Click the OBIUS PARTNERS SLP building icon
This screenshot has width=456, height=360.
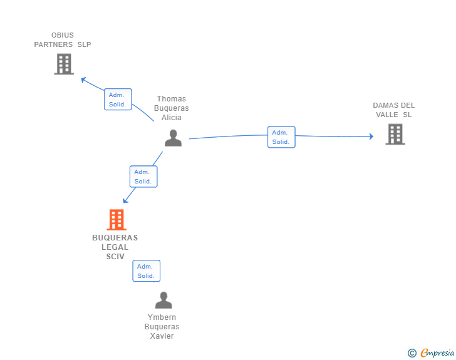[64, 64]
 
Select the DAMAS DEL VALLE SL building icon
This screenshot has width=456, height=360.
[395, 134]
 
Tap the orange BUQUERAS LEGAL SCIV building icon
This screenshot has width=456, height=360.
[116, 220]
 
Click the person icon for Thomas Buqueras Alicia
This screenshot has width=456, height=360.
[173, 138]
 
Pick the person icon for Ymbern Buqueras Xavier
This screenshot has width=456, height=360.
[163, 301]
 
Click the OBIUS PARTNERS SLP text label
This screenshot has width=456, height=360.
[63, 40]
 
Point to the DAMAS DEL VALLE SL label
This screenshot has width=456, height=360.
[393, 110]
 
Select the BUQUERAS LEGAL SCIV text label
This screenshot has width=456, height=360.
[115, 247]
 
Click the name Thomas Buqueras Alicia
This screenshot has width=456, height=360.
[172, 108]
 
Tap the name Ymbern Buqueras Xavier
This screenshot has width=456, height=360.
[162, 327]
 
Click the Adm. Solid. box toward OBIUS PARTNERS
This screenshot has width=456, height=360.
[118, 100]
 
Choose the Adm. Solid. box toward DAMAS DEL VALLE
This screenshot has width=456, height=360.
[281, 137]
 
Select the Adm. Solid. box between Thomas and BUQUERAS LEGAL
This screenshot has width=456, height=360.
[143, 177]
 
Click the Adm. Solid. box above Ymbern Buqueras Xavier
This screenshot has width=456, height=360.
[146, 271]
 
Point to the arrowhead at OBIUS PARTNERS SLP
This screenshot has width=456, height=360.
[83, 79]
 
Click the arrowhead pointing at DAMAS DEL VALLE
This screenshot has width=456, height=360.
[371, 136]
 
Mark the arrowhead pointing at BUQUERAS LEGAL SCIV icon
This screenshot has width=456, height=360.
[126, 200]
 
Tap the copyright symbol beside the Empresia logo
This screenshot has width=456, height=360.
[412, 353]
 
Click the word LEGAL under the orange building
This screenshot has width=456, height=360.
[115, 247]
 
